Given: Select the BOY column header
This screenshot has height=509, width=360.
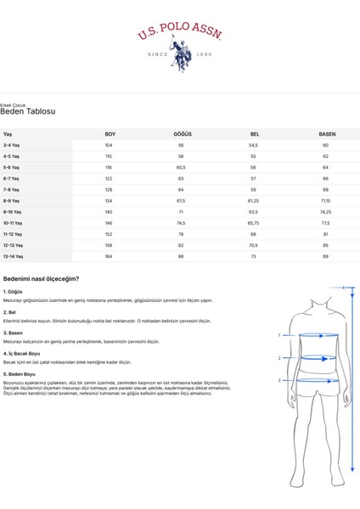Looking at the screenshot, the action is click(x=110, y=134).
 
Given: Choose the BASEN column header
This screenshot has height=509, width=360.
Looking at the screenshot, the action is click(x=326, y=134).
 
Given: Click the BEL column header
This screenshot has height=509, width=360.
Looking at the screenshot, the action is click(x=255, y=134).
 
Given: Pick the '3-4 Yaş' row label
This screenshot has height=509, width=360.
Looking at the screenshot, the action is click(x=13, y=145).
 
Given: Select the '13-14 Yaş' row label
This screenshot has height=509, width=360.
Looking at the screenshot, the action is click(x=14, y=255).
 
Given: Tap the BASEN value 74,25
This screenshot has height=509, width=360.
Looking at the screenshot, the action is click(x=326, y=211).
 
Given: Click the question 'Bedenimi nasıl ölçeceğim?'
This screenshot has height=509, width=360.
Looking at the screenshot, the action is click(x=41, y=278).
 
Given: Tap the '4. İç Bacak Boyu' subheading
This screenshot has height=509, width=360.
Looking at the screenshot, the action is click(x=23, y=352).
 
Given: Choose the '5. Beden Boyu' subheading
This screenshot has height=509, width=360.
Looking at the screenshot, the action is click(x=20, y=373).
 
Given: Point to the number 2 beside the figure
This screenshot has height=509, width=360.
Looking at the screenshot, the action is click(x=279, y=358).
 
